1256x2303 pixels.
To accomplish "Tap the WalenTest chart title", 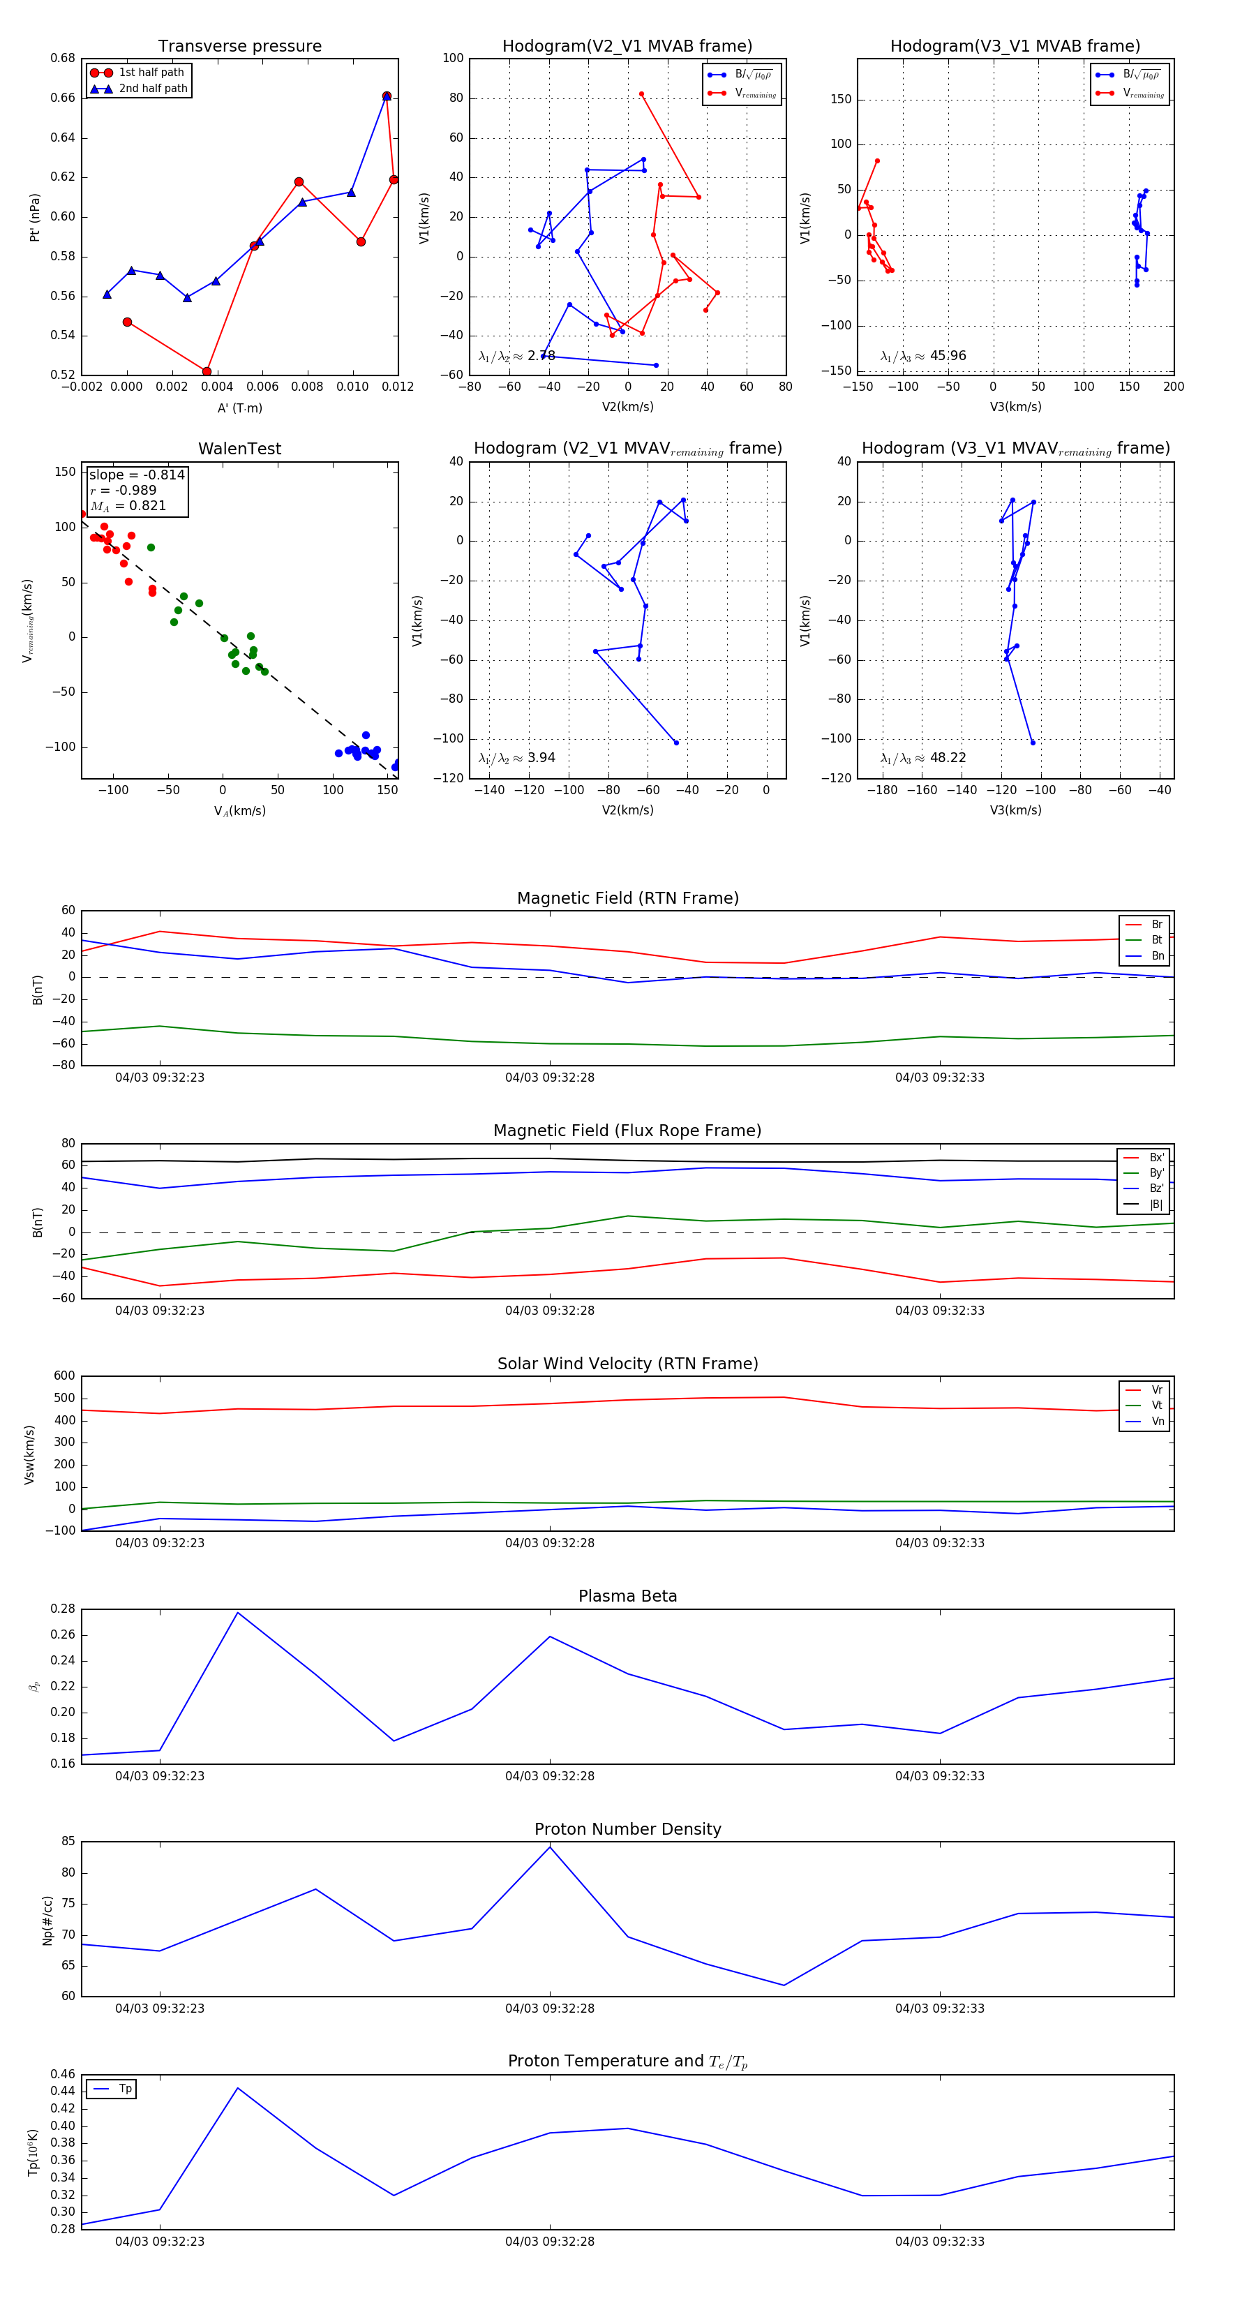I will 239,449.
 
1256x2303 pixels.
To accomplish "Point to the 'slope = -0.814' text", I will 137,475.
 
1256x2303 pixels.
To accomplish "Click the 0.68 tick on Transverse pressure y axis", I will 63,58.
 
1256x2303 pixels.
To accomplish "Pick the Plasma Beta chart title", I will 627,1596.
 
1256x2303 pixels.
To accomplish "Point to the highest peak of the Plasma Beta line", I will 238,1613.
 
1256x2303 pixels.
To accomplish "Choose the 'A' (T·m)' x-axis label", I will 239,408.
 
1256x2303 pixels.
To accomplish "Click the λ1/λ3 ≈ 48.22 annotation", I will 922,758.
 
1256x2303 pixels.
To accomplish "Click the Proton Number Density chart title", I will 627,1829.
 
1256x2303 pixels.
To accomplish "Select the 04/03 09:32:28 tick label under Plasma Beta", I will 550,1775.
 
